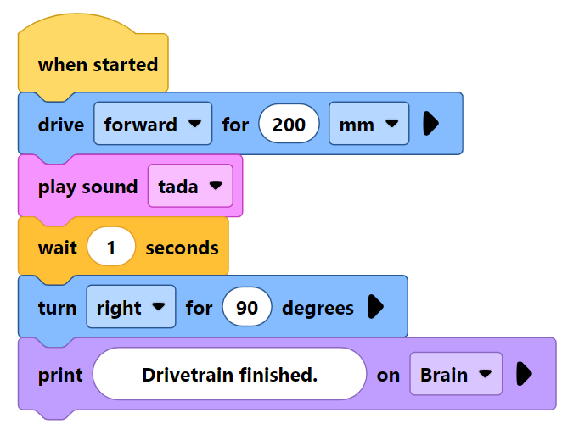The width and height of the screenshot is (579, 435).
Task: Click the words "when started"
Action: pyautogui.click(x=98, y=64)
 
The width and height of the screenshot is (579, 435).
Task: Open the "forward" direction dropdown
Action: pyautogui.click(x=153, y=125)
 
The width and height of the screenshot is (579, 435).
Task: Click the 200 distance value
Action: pyautogui.click(x=289, y=125)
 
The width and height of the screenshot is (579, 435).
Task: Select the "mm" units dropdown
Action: pyautogui.click(x=368, y=125)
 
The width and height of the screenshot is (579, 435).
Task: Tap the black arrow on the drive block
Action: pyautogui.click(x=430, y=125)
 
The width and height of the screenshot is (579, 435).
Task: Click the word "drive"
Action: pyautogui.click(x=61, y=125)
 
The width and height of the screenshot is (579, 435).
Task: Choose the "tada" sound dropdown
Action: pyautogui.click(x=189, y=187)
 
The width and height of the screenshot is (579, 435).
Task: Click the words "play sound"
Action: pyautogui.click(x=87, y=187)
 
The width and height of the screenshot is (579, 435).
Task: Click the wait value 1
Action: pyautogui.click(x=110, y=248)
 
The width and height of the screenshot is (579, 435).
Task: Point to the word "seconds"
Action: pyautogui.click(x=182, y=248)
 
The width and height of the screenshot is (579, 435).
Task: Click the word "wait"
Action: pyautogui.click(x=57, y=248)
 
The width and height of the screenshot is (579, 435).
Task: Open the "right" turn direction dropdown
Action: pyautogui.click(x=131, y=307)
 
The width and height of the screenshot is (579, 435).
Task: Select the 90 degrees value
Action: pyautogui.click(x=247, y=307)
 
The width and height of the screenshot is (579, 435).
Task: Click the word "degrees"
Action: pyautogui.click(x=318, y=307)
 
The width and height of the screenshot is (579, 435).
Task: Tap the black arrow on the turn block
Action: pyautogui.click(x=375, y=307)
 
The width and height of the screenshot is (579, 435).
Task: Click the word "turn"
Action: pyautogui.click(x=57, y=307)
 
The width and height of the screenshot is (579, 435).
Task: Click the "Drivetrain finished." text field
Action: pyautogui.click(x=229, y=374)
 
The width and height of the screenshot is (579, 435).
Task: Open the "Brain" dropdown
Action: pyautogui.click(x=456, y=374)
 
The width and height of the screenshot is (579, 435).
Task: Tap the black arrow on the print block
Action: pyautogui.click(x=524, y=374)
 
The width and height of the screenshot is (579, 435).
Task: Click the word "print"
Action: pyautogui.click(x=60, y=374)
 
